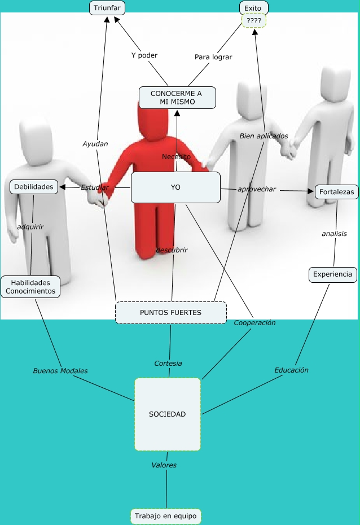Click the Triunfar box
[107, 8]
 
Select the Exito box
[253, 8]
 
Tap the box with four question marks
[253, 21]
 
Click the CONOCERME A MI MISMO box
[177, 98]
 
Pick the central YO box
[175, 187]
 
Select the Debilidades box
[34, 186]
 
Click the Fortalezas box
[336, 192]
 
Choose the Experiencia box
[333, 275]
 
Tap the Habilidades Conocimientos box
[30, 287]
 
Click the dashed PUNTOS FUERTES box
[170, 312]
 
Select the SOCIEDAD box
[168, 414]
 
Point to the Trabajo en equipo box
[166, 516]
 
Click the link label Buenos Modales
[60, 371]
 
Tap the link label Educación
[291, 370]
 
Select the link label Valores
[164, 465]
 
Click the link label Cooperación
[254, 322]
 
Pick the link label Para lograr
[213, 57]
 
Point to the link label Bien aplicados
[264, 136]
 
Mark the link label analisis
[334, 233]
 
